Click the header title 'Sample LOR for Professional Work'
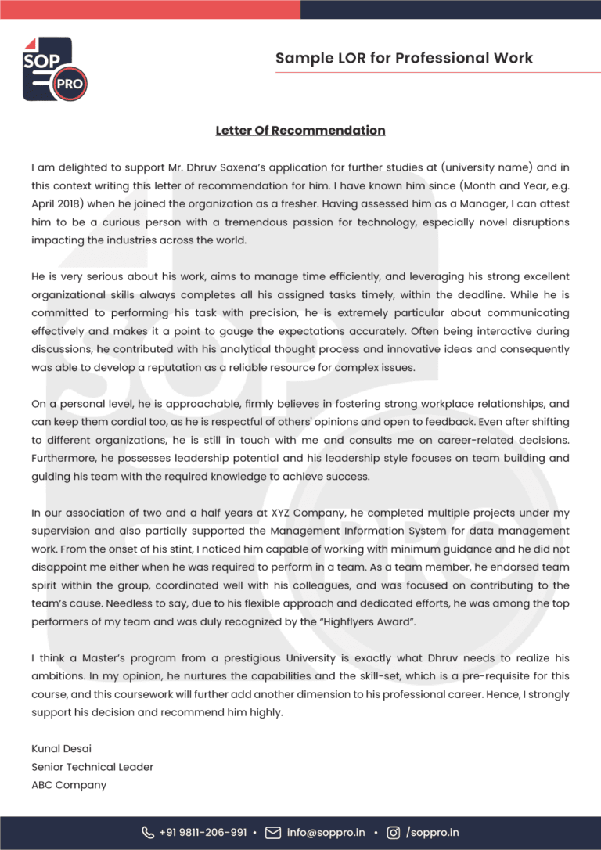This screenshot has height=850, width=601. click(x=404, y=58)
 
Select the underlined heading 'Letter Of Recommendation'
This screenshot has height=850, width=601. click(x=300, y=130)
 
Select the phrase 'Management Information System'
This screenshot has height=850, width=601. click(x=325, y=531)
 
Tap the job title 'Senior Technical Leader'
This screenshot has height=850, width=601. click(x=92, y=767)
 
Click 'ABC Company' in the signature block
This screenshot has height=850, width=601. click(x=69, y=785)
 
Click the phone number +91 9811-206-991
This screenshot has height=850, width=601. click(x=202, y=833)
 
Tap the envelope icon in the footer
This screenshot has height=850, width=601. click(x=273, y=833)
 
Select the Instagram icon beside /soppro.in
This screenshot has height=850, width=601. click(x=394, y=833)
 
